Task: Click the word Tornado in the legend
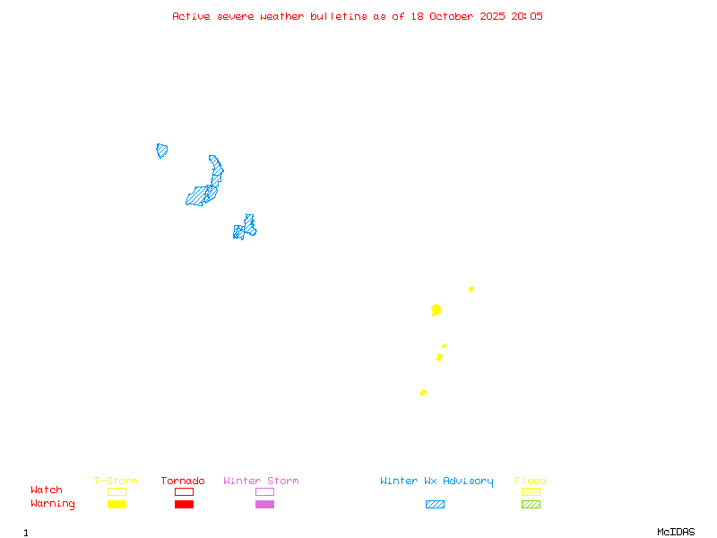(x=183, y=482)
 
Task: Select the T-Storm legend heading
(x=116, y=482)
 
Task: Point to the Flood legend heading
(x=531, y=482)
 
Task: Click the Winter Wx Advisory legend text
(x=436, y=482)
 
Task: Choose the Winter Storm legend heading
(x=261, y=482)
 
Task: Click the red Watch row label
(x=47, y=490)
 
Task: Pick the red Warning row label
(x=53, y=504)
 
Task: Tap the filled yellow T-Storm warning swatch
(x=117, y=504)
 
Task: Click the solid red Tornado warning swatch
(x=184, y=504)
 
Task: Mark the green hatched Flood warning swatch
(x=531, y=504)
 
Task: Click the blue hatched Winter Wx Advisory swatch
(x=435, y=504)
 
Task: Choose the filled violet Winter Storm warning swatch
(x=264, y=504)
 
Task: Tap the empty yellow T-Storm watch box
(x=117, y=491)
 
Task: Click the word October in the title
(x=458, y=16)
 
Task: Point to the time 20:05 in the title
(x=526, y=16)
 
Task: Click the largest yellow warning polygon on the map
(x=436, y=309)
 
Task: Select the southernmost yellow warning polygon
(x=423, y=393)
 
